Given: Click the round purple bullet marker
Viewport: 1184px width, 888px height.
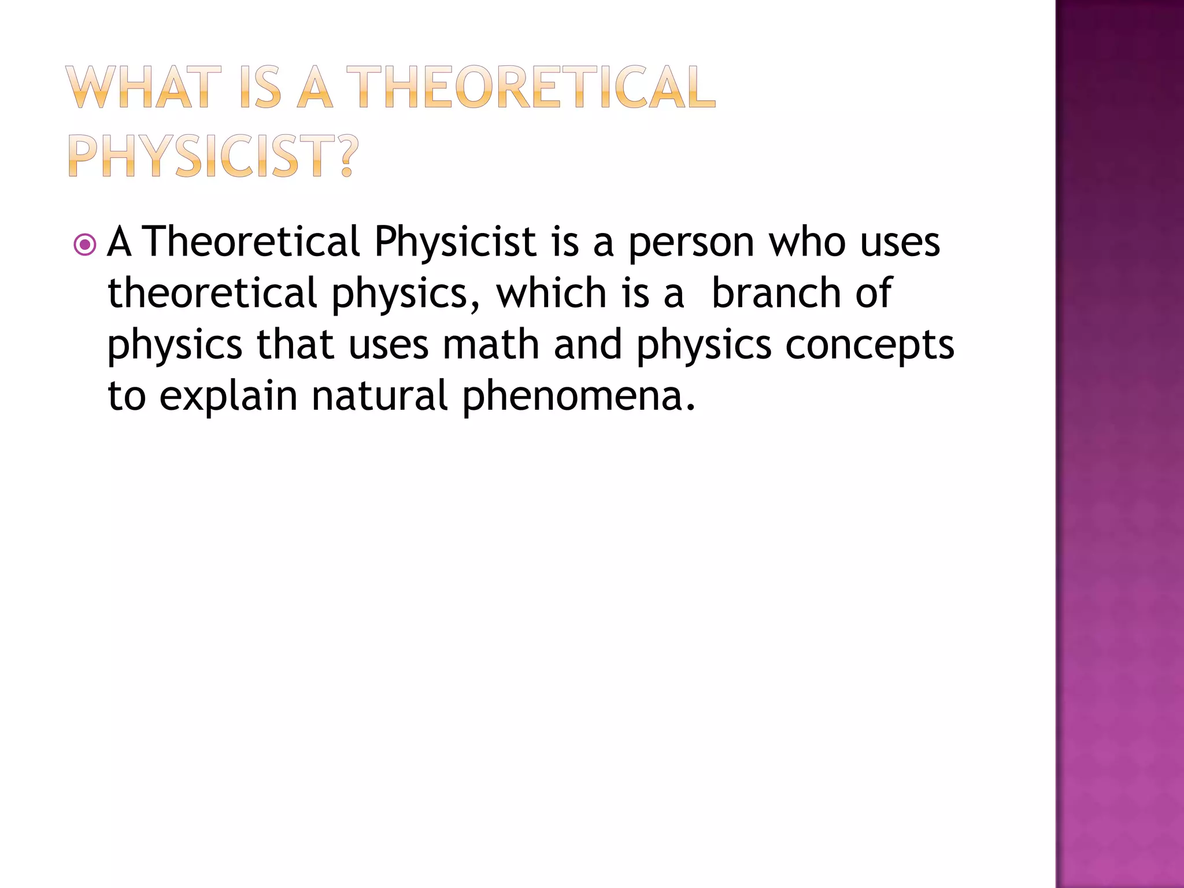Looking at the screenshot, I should click(x=85, y=245).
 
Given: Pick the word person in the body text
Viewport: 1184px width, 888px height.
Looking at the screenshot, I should click(x=691, y=243).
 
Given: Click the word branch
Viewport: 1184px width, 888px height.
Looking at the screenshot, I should click(x=776, y=293).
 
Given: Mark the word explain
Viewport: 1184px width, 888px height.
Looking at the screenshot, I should click(x=228, y=397).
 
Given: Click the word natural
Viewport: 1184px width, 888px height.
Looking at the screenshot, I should click(x=379, y=396).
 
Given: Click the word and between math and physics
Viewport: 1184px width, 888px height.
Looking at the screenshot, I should click(x=587, y=345).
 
